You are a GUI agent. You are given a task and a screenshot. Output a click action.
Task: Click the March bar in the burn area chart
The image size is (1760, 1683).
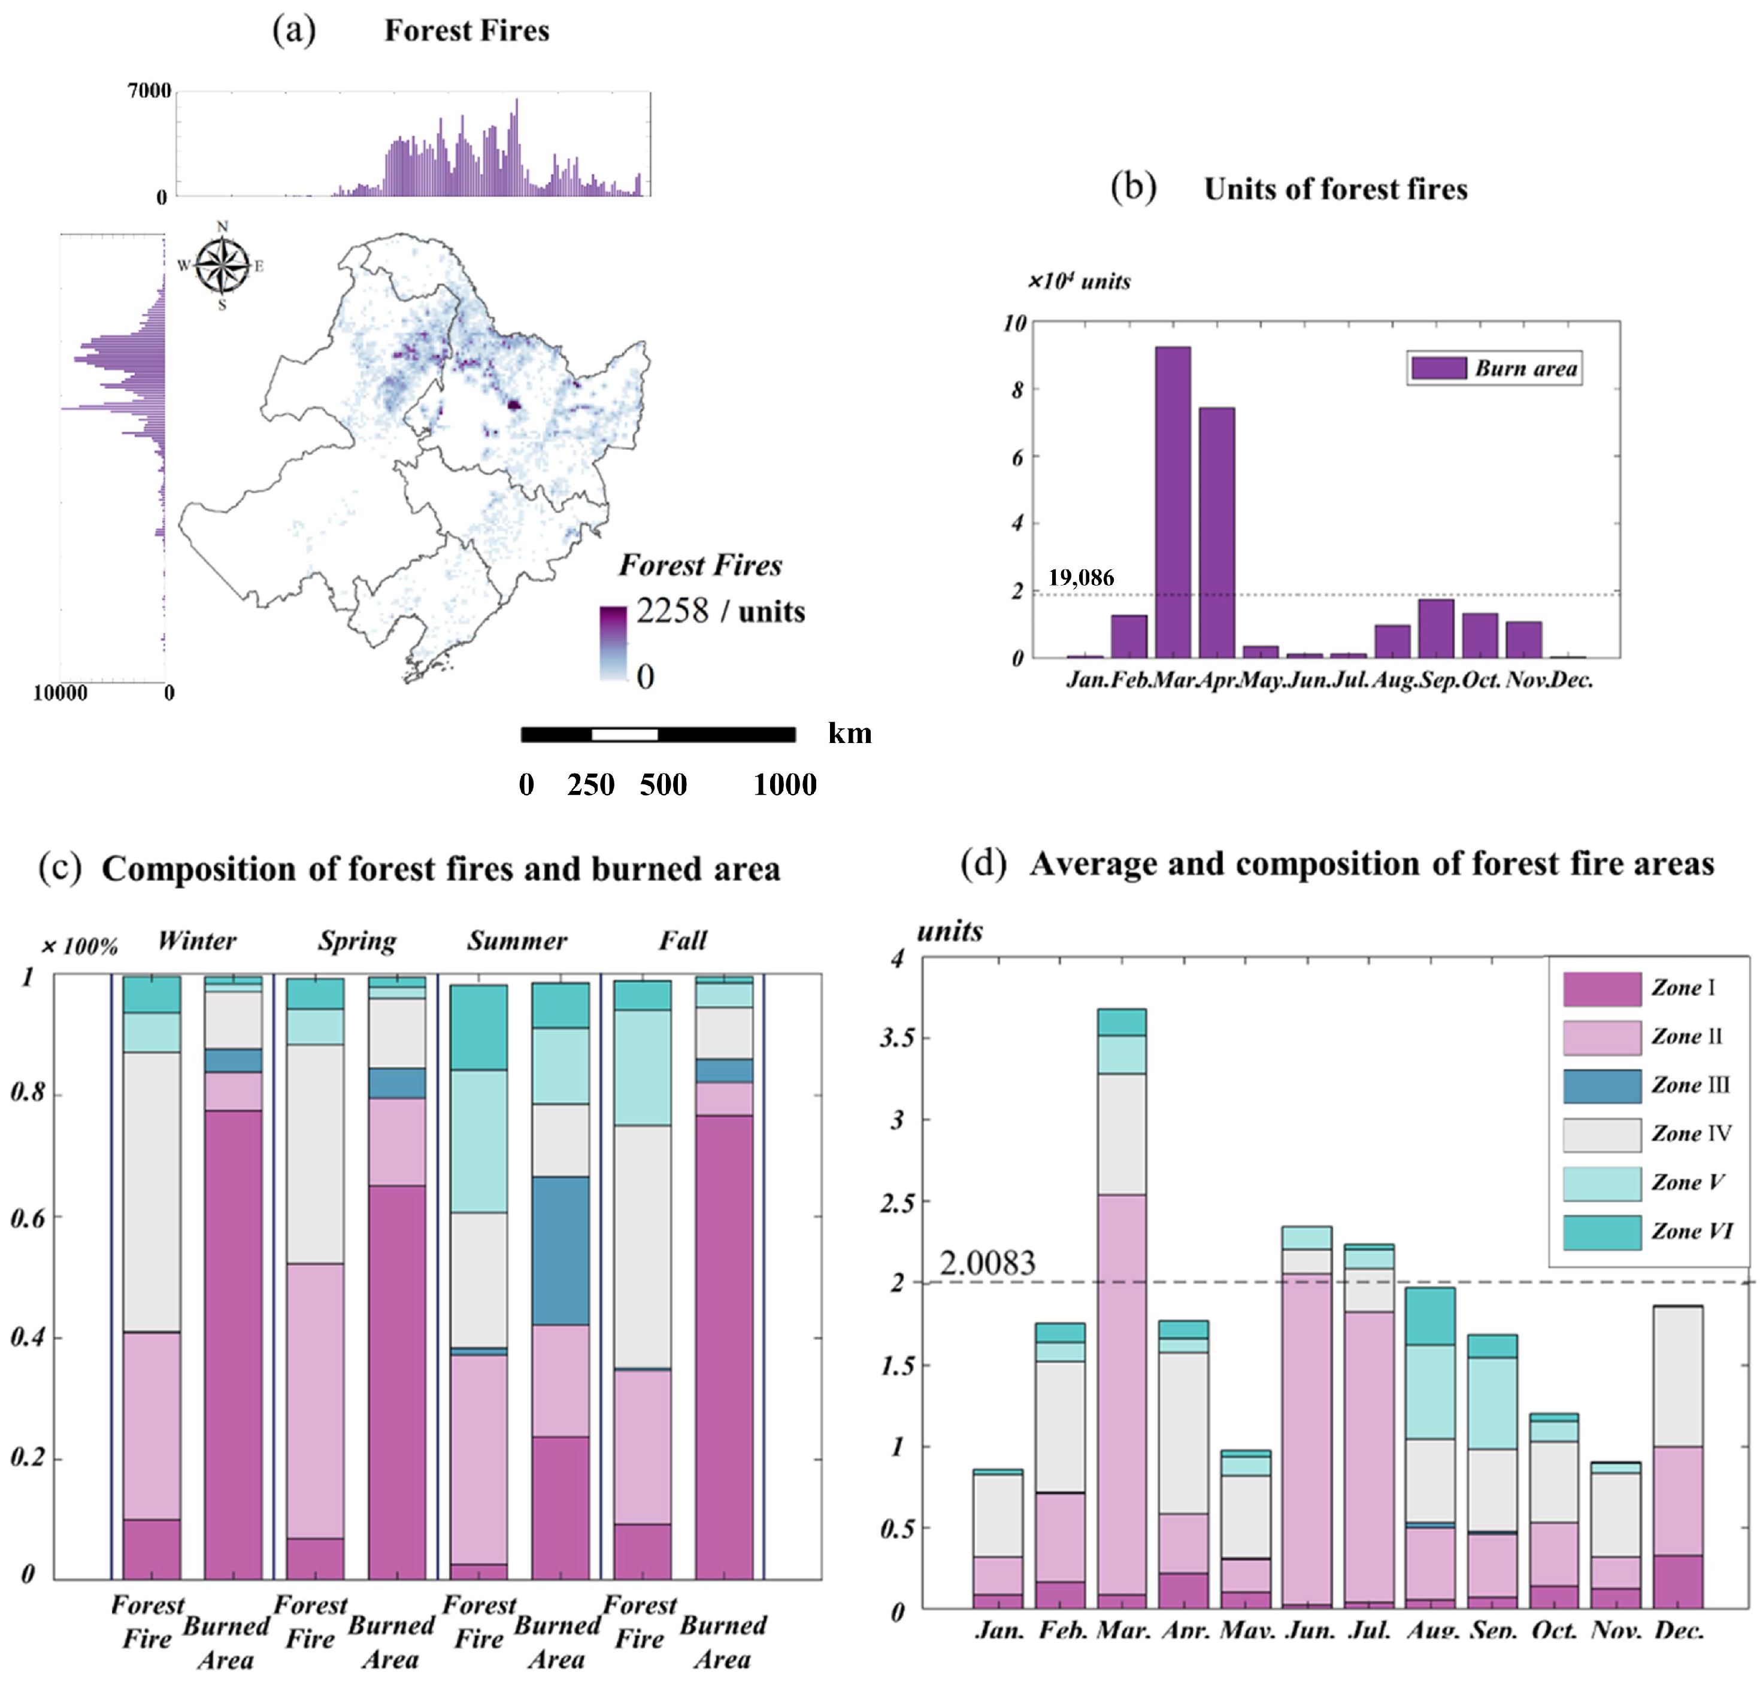coord(1172,502)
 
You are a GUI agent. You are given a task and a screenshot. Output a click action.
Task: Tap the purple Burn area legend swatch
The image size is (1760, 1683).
coord(1438,368)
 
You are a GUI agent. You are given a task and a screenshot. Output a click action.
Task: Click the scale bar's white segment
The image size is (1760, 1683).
coord(625,735)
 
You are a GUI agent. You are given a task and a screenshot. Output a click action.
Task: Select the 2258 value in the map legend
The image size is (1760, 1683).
coord(673,611)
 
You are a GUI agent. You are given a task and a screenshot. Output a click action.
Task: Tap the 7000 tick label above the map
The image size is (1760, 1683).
coord(149,90)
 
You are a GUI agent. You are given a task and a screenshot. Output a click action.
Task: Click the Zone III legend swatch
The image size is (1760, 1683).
coord(1601,1085)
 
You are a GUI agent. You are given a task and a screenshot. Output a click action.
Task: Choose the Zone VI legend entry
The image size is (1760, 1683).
coord(1691,1231)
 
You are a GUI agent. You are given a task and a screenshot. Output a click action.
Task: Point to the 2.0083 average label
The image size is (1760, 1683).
coord(987,1263)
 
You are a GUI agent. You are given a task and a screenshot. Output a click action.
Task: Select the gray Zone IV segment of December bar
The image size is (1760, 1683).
coord(1677,1375)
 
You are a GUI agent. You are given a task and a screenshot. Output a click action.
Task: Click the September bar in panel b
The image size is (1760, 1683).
coord(1436,628)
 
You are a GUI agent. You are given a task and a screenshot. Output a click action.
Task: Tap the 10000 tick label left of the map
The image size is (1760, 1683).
coord(60,693)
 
